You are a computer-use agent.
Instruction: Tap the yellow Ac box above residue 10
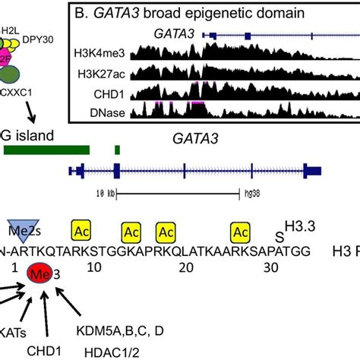pos(84,229)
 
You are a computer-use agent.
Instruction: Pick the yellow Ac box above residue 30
pos(241,229)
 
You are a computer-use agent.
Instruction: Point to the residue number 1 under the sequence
pos(11,268)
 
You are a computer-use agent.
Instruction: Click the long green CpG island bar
pos(46,150)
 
